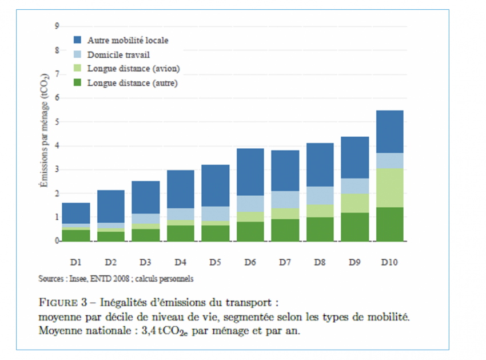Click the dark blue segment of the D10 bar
coord(389,132)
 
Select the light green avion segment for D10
coord(389,188)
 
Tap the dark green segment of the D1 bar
coord(76,235)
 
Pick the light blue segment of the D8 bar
coord(320,195)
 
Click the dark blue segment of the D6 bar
coord(250,172)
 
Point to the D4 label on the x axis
coord(181,262)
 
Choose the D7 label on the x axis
coord(285,262)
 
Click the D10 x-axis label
coord(389,262)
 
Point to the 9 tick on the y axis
coord(57,26)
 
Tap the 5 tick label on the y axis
coord(57,122)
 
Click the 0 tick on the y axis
coord(57,241)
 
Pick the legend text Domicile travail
coord(118,54)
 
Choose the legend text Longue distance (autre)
coord(133,83)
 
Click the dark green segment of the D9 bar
coord(354,227)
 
